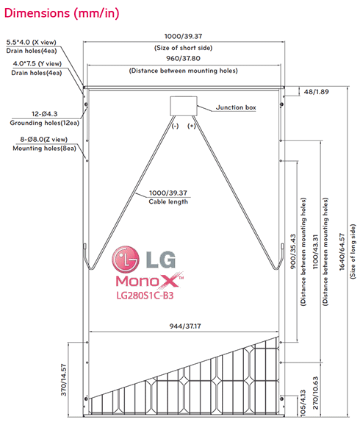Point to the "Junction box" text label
point(236,107)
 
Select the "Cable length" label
point(169,201)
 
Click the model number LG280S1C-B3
point(145,296)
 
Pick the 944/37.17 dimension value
point(184,326)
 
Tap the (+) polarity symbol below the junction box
point(192,126)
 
